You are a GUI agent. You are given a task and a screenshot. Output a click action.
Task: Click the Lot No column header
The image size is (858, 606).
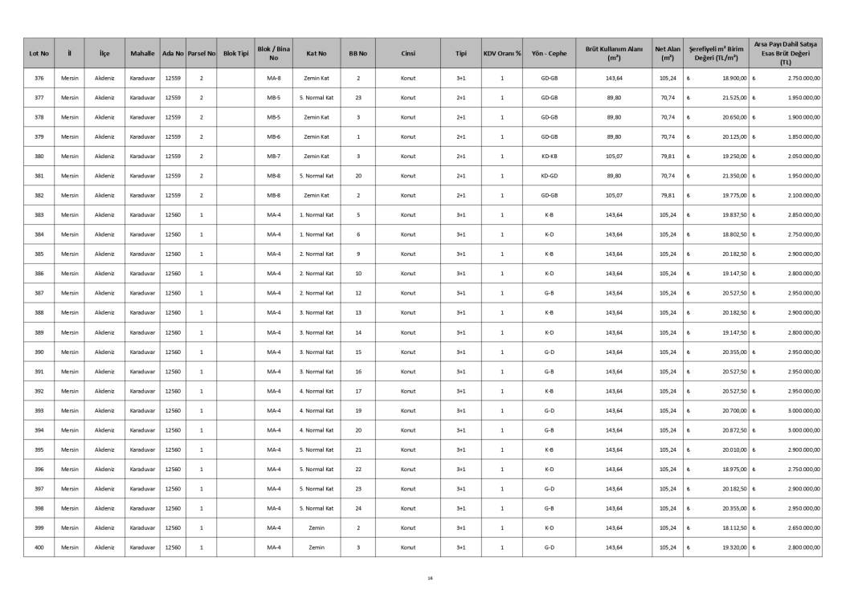pyautogui.click(x=39, y=54)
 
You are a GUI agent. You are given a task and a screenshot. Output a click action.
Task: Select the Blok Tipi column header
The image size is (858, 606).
pyautogui.click(x=236, y=54)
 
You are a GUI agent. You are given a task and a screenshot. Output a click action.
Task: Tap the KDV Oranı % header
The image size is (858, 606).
pyautogui.click(x=501, y=54)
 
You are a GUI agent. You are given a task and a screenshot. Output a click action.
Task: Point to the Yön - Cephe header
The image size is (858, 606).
pyautogui.click(x=549, y=54)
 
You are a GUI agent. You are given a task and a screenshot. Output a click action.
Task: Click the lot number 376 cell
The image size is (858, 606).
pyautogui.click(x=39, y=79)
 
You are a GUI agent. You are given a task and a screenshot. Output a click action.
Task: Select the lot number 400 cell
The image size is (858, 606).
pyautogui.click(x=39, y=547)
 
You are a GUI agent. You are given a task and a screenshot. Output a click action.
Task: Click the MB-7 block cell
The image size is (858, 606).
pyautogui.click(x=273, y=157)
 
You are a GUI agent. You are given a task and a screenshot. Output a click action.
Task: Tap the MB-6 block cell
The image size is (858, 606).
pyautogui.click(x=273, y=137)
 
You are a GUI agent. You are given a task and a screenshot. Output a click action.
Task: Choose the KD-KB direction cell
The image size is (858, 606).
pyautogui.click(x=549, y=157)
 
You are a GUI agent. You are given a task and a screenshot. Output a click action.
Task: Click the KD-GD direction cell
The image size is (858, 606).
pyautogui.click(x=549, y=176)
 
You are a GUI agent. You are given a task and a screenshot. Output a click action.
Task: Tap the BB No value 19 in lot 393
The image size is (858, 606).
pyautogui.click(x=357, y=411)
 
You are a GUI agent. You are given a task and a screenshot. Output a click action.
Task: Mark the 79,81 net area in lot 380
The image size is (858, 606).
pyautogui.click(x=667, y=157)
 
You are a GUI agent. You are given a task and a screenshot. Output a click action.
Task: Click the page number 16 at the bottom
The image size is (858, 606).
pyautogui.click(x=430, y=577)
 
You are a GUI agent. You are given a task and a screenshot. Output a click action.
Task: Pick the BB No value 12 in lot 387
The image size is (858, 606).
pyautogui.click(x=357, y=294)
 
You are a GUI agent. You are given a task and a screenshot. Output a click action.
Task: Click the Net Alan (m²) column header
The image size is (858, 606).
pyautogui.click(x=667, y=54)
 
